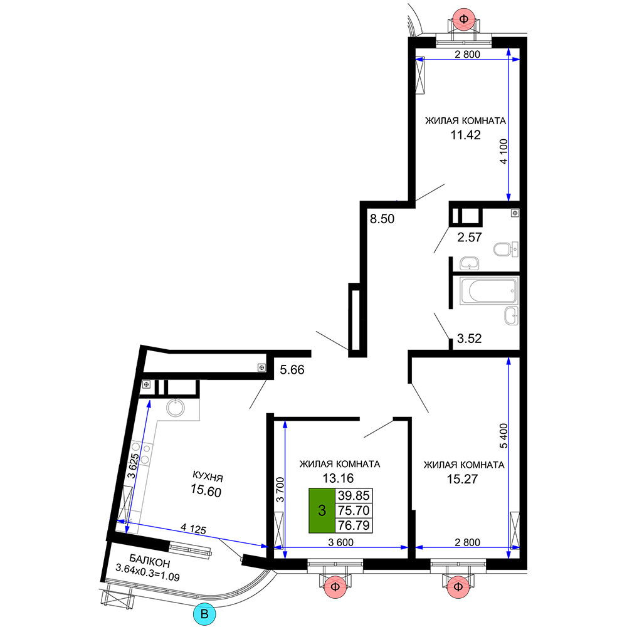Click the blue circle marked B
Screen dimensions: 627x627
[x=204, y=614]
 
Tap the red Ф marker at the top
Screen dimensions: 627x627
[x=464, y=19]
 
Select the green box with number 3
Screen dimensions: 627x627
[x=322, y=510]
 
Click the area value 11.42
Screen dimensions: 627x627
[x=465, y=135]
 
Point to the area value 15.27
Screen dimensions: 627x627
[x=462, y=478]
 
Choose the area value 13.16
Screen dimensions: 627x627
[x=339, y=478]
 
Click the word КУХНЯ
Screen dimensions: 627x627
[x=208, y=476]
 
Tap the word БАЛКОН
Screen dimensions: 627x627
[x=150, y=561]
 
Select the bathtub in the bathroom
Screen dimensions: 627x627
[x=488, y=291]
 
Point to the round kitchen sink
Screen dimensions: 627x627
[x=176, y=408]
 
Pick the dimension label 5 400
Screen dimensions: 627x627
[x=503, y=436]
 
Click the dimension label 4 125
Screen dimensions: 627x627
[x=194, y=529]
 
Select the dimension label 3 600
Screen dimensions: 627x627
[x=340, y=542]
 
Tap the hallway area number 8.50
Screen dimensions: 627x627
[x=382, y=219]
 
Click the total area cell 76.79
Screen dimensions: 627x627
[x=354, y=525]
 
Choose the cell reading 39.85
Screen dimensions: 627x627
[x=354, y=496]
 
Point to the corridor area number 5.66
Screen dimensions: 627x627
[x=292, y=369]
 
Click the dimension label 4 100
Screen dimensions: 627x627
[x=503, y=151]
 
